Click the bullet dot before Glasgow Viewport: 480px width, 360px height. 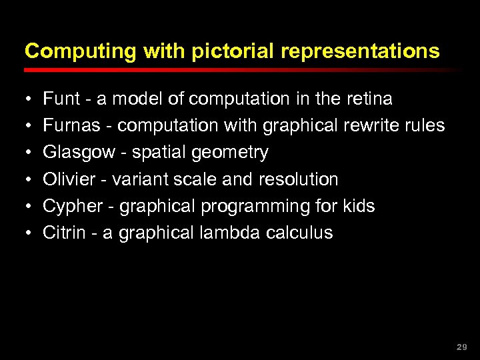[x=29, y=153]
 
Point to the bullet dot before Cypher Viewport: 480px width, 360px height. [x=29, y=207]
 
